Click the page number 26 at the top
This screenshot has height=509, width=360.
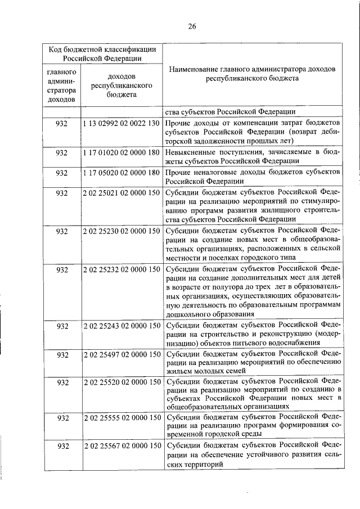[192, 25]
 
